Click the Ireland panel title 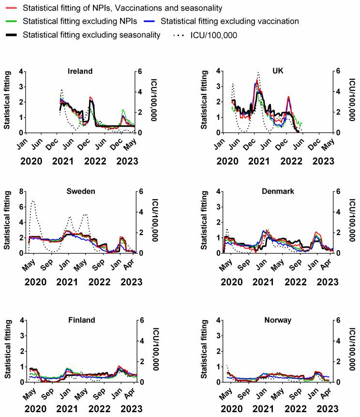[x=80, y=71]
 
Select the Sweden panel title [x=80, y=191]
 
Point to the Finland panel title [x=80, y=320]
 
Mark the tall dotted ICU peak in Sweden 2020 [x=32, y=201]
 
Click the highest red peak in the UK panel [x=257, y=81]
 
